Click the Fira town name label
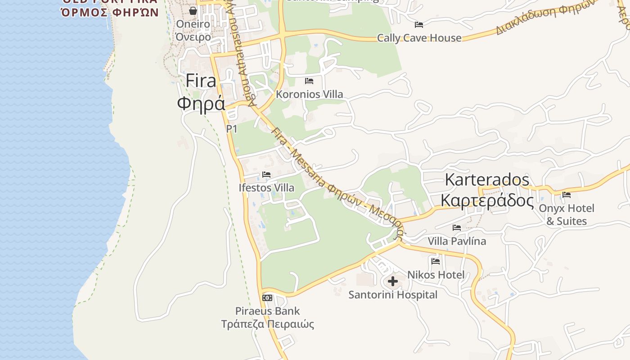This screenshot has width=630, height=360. click(201, 81)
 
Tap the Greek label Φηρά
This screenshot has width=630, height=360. click(201, 103)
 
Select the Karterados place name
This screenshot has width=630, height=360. click(487, 180)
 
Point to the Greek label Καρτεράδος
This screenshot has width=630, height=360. click(487, 200)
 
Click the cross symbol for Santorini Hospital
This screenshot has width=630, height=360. click(393, 282)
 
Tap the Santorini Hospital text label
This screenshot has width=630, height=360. click(393, 295)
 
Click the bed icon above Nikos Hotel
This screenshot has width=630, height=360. click(436, 261)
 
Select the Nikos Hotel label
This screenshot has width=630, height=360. click(436, 274)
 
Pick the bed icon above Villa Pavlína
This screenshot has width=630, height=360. click(457, 228)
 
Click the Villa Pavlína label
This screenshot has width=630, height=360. click(457, 241)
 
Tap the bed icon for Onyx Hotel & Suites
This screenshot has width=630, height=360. click(567, 195)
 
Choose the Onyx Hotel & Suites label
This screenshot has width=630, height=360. click(567, 215)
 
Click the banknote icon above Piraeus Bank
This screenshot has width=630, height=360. click(267, 298)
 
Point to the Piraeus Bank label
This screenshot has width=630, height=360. click(267, 311)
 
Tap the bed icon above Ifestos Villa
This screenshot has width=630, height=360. click(266, 175)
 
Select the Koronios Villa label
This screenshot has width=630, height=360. click(309, 94)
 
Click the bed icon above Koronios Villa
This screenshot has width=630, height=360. click(309, 81)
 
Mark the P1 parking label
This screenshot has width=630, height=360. click(231, 129)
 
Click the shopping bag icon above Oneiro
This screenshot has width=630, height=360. click(193, 11)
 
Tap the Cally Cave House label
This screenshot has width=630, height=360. click(419, 38)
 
